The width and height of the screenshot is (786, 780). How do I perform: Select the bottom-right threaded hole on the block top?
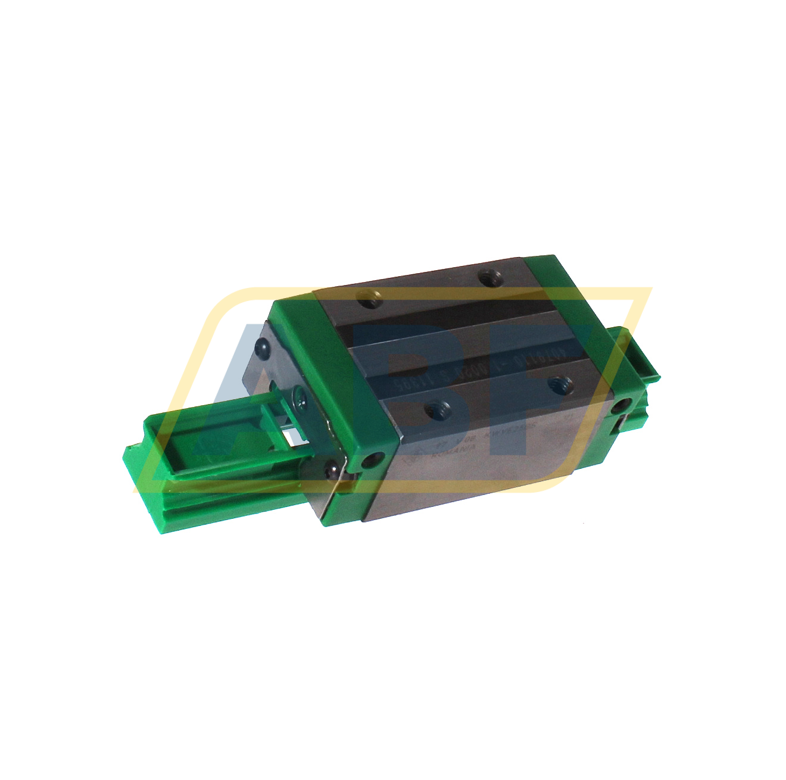[560, 384]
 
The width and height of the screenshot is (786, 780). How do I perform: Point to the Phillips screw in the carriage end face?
[297, 394]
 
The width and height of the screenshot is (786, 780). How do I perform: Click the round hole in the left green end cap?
[374, 460]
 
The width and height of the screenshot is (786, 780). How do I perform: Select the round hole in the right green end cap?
[622, 407]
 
